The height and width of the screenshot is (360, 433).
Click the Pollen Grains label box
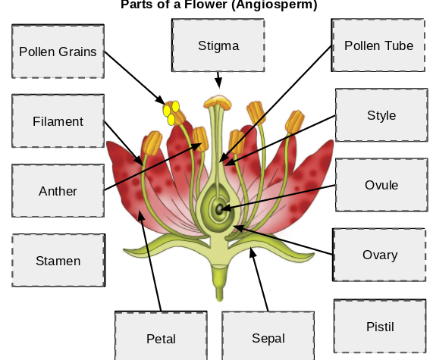pos(58,52)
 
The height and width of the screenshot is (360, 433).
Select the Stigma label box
pos(218,45)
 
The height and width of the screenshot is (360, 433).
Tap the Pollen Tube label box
pos(378,45)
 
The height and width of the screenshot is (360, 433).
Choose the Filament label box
pos(58,121)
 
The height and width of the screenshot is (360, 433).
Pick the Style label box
pos(381,115)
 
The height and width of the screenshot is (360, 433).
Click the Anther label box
pos(58,191)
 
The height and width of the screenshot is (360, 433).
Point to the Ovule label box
pos(381,185)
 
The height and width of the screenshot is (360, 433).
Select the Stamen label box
pos(58,261)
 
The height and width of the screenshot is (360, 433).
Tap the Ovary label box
pos(380,255)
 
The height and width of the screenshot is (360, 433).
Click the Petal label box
pos(161,337)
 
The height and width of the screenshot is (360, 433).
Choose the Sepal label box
pos(268,337)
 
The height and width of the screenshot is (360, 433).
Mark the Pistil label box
pos(380,327)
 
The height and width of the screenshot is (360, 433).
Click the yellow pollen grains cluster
pos(172,112)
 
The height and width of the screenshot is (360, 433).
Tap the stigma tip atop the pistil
pos(219,101)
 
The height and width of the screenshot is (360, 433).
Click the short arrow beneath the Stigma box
pos(218,80)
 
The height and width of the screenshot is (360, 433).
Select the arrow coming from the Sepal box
pos(260,280)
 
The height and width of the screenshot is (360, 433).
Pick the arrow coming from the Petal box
pos(150,261)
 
